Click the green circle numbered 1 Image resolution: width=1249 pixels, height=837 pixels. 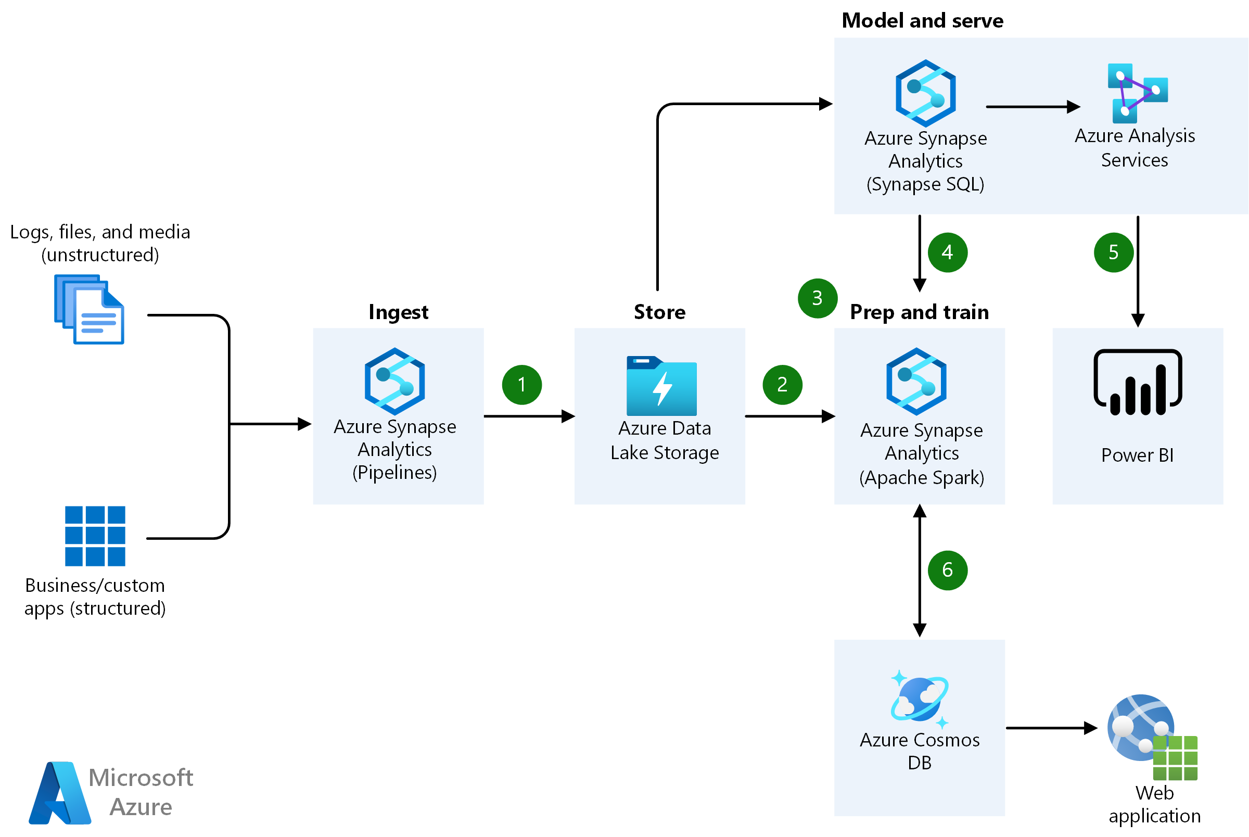pyautogui.click(x=521, y=384)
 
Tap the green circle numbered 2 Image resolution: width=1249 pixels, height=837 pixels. pyautogui.click(x=782, y=384)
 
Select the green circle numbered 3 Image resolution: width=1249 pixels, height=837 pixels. pyautogui.click(x=817, y=298)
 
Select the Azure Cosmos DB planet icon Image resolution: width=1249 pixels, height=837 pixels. pyautogui.click(x=918, y=698)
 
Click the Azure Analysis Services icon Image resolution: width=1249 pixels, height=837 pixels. pyautogui.click(x=1137, y=93)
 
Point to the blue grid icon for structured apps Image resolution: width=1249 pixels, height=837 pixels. pyautogui.click(x=95, y=536)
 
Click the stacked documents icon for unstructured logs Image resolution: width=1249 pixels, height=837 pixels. pyautogui.click(x=89, y=309)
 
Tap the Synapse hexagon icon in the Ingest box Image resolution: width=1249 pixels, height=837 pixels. pyautogui.click(x=394, y=381)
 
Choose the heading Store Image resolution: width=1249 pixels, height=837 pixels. pyautogui.click(x=659, y=311)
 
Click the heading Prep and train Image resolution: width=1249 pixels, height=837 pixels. pyautogui.click(x=918, y=311)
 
